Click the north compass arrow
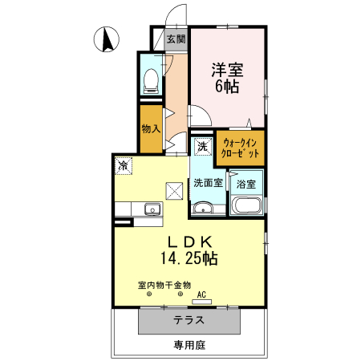pyautogui.click(x=106, y=38)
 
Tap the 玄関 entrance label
pyautogui.click(x=176, y=38)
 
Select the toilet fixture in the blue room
pyautogui.click(x=149, y=79)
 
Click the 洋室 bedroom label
pyautogui.click(x=227, y=69)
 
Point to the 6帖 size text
pyautogui.click(x=227, y=87)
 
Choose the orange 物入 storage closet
pyautogui.click(x=151, y=128)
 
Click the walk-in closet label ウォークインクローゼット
pyautogui.click(x=240, y=148)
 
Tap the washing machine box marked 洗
pyautogui.click(x=203, y=147)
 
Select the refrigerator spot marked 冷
pyautogui.click(x=124, y=165)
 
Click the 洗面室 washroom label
pyautogui.click(x=209, y=182)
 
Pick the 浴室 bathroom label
pyautogui.click(x=246, y=184)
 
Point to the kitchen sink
pyautogui.click(x=151, y=209)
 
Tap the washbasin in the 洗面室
pyautogui.click(x=202, y=209)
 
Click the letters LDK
pyautogui.click(x=189, y=241)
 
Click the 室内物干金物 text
pyautogui.click(x=164, y=285)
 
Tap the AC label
pyautogui.click(x=201, y=295)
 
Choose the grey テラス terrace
pyautogui.click(x=189, y=320)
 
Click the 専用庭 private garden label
pyautogui.click(x=189, y=345)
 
